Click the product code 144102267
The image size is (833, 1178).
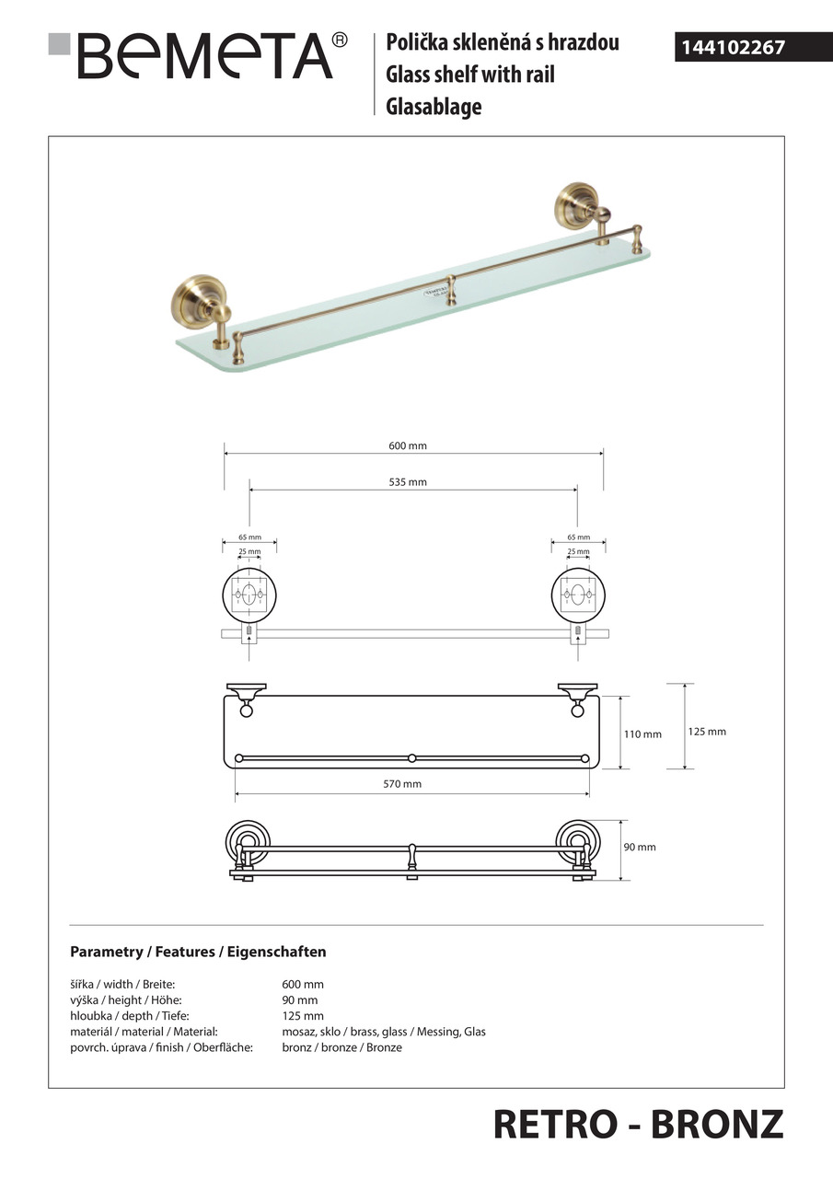pyautogui.click(x=733, y=47)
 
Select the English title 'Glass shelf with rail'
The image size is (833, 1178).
pyautogui.click(x=469, y=75)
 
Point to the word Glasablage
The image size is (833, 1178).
pyautogui.click(x=434, y=107)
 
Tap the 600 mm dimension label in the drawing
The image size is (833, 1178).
pyautogui.click(x=408, y=445)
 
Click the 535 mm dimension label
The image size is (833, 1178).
pyautogui.click(x=408, y=482)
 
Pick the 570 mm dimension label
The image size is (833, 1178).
pyautogui.click(x=402, y=784)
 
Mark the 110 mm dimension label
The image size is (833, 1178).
pyautogui.click(x=642, y=734)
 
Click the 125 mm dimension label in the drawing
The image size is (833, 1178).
pyautogui.click(x=707, y=732)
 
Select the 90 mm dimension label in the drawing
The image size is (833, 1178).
pyautogui.click(x=640, y=847)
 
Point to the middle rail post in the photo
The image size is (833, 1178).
pyautogui.click(x=451, y=289)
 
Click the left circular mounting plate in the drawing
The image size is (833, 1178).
pyautogui.click(x=249, y=595)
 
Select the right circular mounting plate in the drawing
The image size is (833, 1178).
pyautogui.click(x=577, y=595)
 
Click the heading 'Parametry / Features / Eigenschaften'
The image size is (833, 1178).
pyautogui.click(x=198, y=952)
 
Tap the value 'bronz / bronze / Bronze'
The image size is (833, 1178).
pyautogui.click(x=341, y=1047)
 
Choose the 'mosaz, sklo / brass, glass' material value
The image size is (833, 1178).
pyautogui.click(x=383, y=1032)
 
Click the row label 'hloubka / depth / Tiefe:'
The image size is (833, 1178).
pyautogui.click(x=125, y=1016)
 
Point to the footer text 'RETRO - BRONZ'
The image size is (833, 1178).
pyautogui.click(x=638, y=1124)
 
